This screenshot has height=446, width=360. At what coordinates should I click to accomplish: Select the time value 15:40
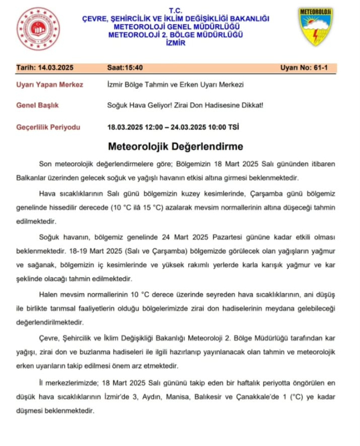click(133, 68)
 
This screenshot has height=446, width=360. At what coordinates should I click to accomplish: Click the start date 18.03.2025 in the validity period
click(126, 126)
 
